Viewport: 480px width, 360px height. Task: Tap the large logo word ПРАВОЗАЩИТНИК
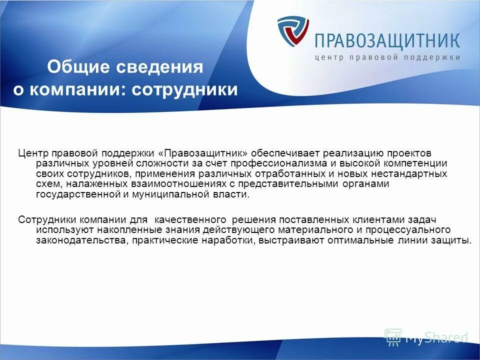click(387, 40)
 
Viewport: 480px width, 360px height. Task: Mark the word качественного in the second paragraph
click(189, 219)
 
